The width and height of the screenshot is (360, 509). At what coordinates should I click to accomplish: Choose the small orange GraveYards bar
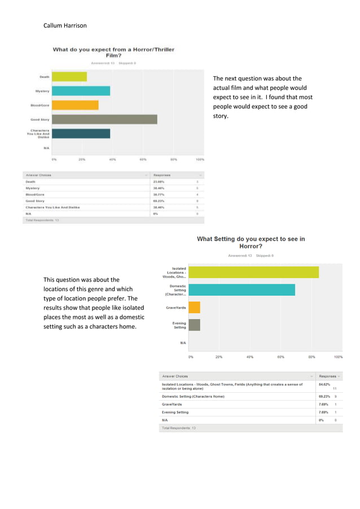coord(194,308)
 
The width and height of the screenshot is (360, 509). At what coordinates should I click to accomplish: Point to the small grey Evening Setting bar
coord(194,325)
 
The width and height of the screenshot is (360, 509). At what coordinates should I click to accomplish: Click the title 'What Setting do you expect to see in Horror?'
coord(251,243)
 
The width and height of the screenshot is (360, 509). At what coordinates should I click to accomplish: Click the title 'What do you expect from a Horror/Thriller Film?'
coord(113,53)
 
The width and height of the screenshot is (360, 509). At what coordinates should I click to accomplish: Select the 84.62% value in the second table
coord(324,384)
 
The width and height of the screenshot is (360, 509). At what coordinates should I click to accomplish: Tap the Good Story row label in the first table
coord(35,200)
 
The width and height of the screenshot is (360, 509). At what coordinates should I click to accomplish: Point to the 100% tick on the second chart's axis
coord(338,357)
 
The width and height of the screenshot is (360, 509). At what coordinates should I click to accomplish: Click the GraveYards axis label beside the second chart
coord(175,308)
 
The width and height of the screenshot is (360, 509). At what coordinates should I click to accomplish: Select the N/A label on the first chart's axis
coord(45,148)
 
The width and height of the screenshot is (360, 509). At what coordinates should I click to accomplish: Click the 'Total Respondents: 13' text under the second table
coord(179,428)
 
